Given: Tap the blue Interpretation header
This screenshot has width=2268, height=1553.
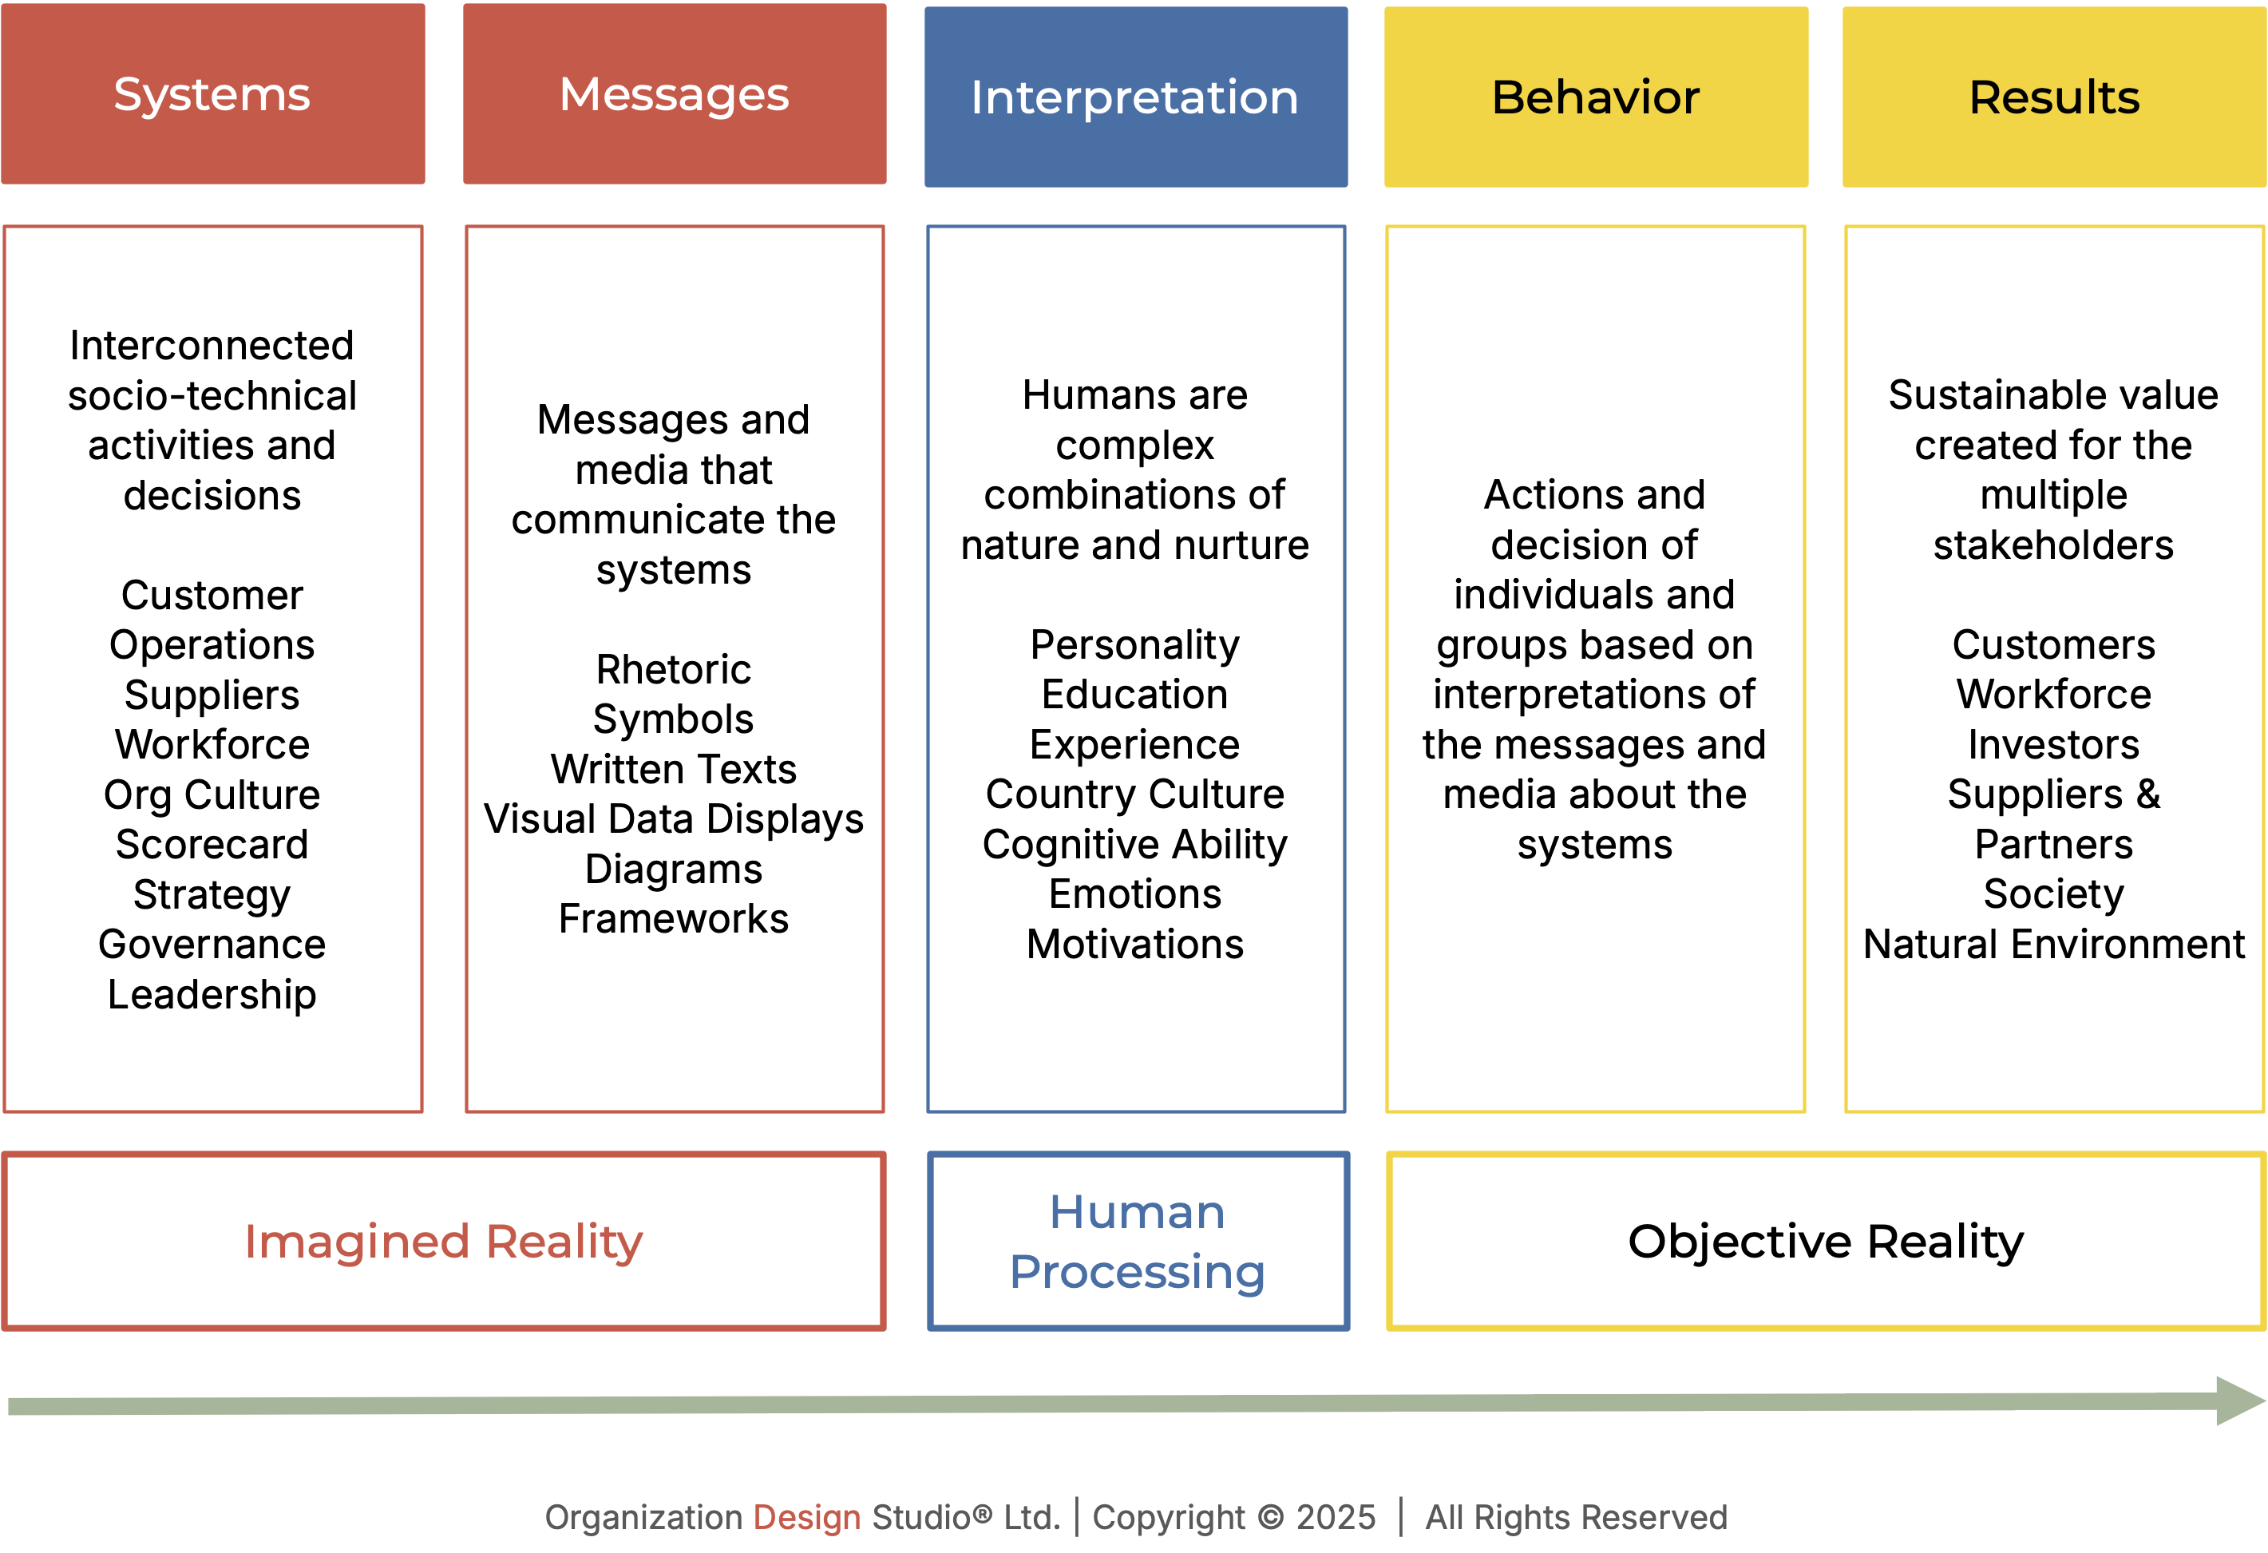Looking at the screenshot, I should (x=1136, y=97).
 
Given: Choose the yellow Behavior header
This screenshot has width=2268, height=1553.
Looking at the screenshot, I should (x=1596, y=97).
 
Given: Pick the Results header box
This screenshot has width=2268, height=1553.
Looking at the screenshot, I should (x=2054, y=97).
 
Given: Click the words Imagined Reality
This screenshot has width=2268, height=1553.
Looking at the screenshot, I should (x=444, y=1242).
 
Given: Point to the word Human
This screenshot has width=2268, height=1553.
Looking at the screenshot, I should (x=1137, y=1212).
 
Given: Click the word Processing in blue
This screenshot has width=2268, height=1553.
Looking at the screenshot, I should (x=1137, y=1272).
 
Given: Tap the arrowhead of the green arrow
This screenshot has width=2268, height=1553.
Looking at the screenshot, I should (x=2238, y=1400).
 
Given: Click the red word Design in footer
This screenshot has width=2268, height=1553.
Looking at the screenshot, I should (x=806, y=1518).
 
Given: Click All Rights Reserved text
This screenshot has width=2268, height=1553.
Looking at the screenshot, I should (x=1575, y=1518).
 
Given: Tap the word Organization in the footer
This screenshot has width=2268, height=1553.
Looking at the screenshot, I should (x=643, y=1518).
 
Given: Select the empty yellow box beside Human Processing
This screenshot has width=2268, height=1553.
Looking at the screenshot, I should (x=1825, y=1242).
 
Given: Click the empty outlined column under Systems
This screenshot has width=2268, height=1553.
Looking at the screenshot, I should (x=212, y=668).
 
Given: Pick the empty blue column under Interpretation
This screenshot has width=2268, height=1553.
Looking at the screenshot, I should (x=1136, y=668).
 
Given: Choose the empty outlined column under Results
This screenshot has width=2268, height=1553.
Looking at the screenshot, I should (x=2054, y=668).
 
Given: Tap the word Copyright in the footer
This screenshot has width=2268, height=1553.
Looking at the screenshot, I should (x=1168, y=1518).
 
